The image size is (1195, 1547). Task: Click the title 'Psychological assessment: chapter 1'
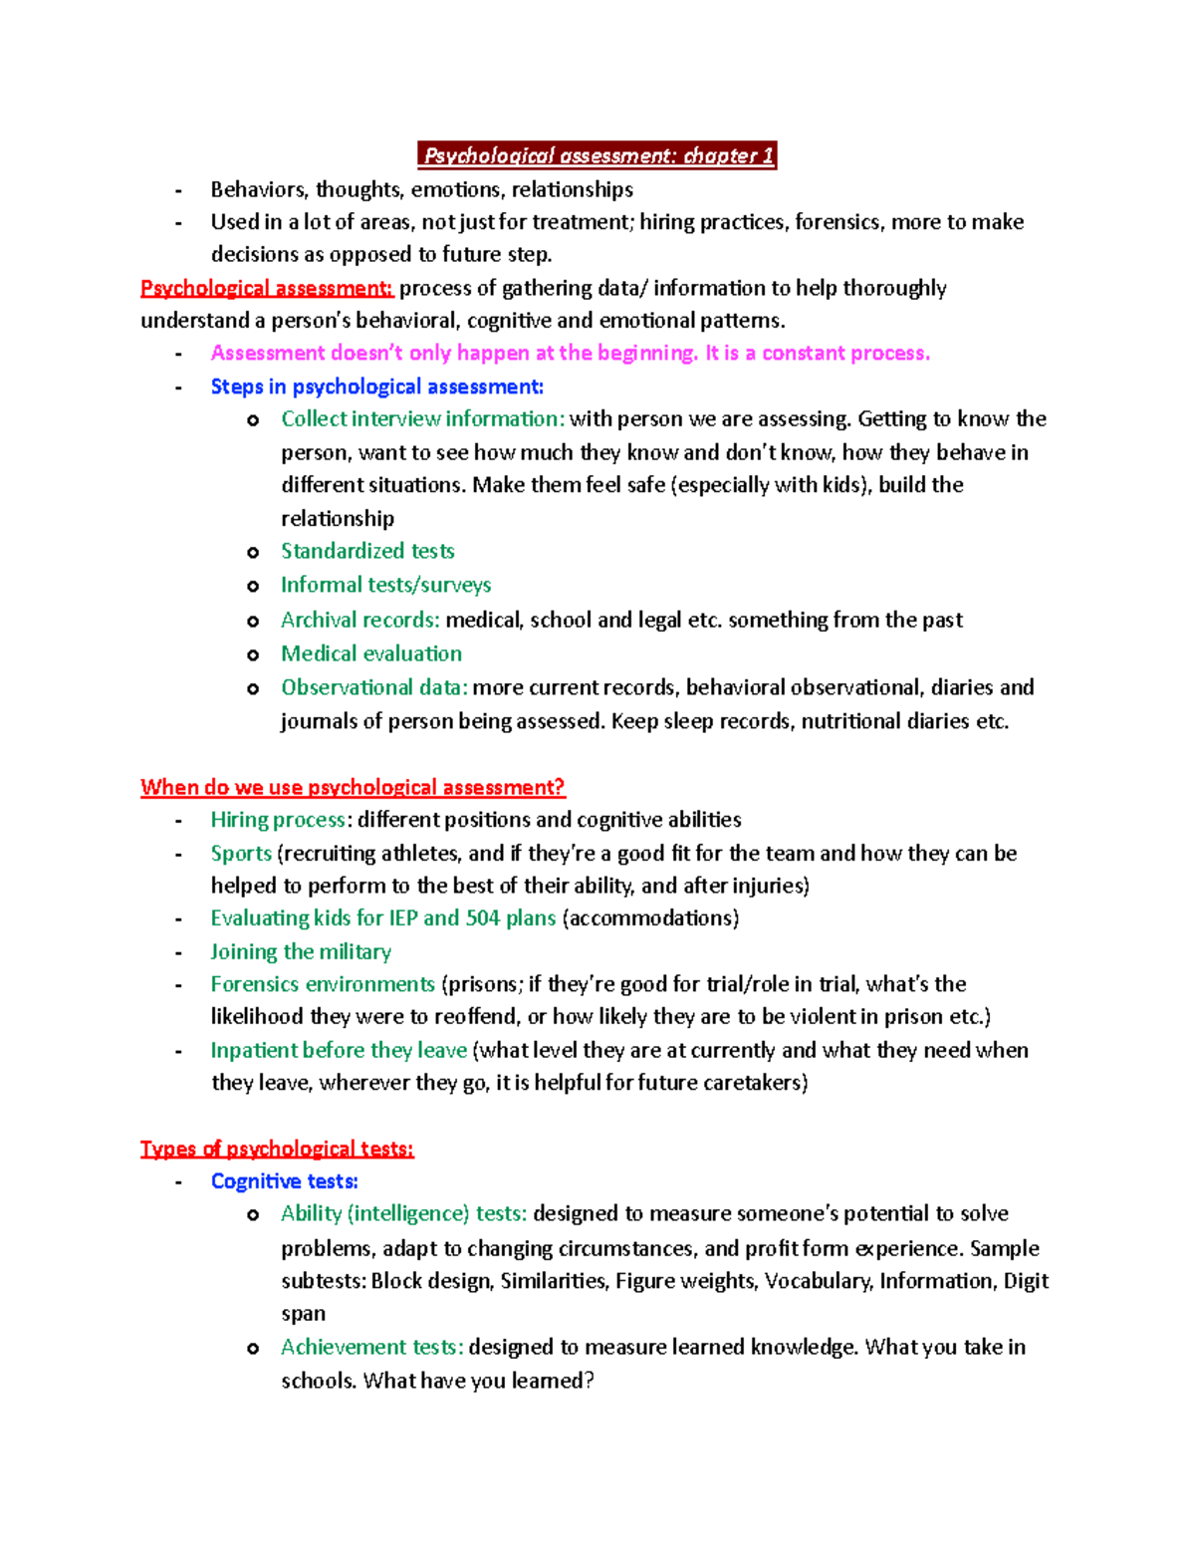[597, 155]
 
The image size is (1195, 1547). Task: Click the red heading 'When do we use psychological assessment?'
[353, 787]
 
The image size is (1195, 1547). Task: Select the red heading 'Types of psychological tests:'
[277, 1149]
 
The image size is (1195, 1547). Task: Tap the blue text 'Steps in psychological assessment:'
[377, 387]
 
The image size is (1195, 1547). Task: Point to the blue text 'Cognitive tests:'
[285, 1181]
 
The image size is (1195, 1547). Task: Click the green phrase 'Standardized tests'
[367, 551]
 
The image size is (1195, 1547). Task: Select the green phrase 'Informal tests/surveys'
[385, 585]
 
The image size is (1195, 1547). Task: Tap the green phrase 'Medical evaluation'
[371, 653]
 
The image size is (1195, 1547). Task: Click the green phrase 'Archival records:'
[359, 620]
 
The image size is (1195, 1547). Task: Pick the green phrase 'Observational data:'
[373, 687]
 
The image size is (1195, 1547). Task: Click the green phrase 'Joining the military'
[301, 951]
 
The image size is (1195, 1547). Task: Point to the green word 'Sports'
[241, 853]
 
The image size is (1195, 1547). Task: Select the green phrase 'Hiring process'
[279, 820]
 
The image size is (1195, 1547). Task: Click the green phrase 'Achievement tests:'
[371, 1347]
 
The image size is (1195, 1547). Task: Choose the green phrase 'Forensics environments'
[323, 984]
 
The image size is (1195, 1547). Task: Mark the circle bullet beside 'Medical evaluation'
[253, 654]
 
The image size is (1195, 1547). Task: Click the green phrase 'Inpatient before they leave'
[339, 1050]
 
